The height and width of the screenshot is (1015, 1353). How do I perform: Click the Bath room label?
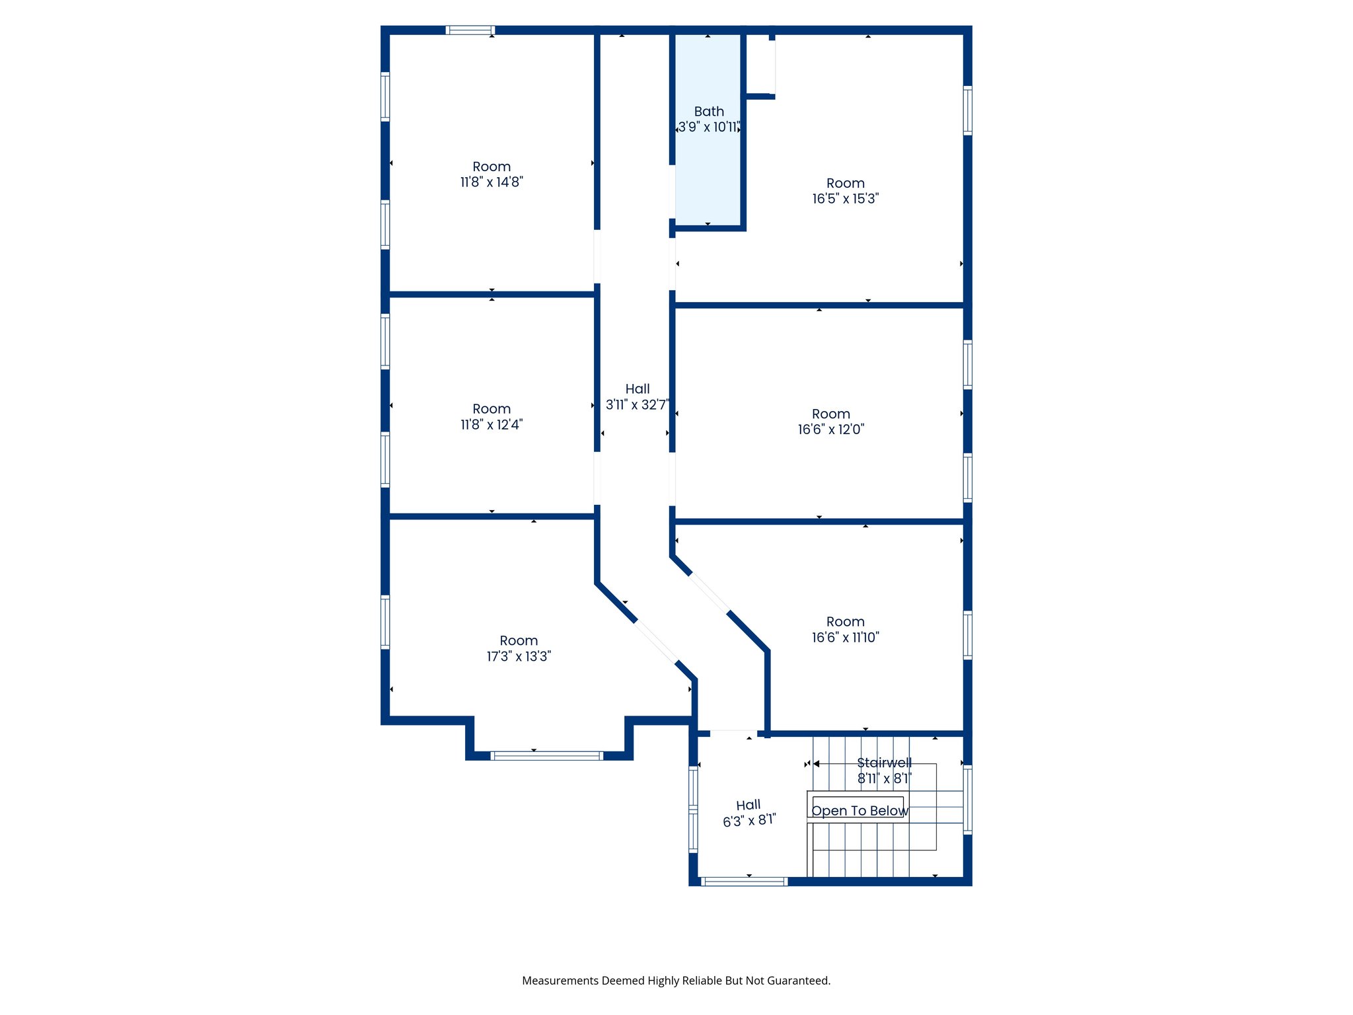click(x=709, y=112)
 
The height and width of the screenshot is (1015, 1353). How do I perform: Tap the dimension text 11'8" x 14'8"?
click(x=492, y=182)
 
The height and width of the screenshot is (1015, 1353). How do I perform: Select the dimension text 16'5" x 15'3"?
click(x=845, y=199)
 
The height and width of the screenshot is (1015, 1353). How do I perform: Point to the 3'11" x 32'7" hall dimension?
click(x=637, y=405)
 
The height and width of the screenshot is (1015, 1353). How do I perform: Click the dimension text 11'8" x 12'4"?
click(x=492, y=425)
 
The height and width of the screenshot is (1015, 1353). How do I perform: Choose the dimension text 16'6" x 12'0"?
click(x=830, y=430)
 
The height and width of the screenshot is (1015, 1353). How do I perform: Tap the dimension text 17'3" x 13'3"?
click(x=519, y=657)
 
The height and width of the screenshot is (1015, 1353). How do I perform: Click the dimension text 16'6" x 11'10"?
click(x=845, y=638)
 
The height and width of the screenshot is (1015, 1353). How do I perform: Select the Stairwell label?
click(x=884, y=763)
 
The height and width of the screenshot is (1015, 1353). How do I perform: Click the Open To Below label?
click(x=859, y=811)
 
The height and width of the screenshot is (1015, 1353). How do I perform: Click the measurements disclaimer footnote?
click(x=676, y=981)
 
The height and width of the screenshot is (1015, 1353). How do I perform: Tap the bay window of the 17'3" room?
click(x=547, y=755)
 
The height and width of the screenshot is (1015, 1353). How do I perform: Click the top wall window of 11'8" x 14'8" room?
click(x=470, y=30)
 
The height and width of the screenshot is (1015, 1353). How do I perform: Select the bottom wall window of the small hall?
click(x=745, y=882)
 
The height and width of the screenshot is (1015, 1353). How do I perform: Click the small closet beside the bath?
click(x=760, y=66)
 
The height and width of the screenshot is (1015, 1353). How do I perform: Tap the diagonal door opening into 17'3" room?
click(x=656, y=641)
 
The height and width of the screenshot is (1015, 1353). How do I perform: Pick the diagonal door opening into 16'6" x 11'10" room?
click(x=710, y=592)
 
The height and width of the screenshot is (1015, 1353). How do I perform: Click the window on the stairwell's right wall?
click(x=968, y=798)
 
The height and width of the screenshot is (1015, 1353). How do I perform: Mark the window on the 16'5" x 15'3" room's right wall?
click(x=968, y=110)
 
